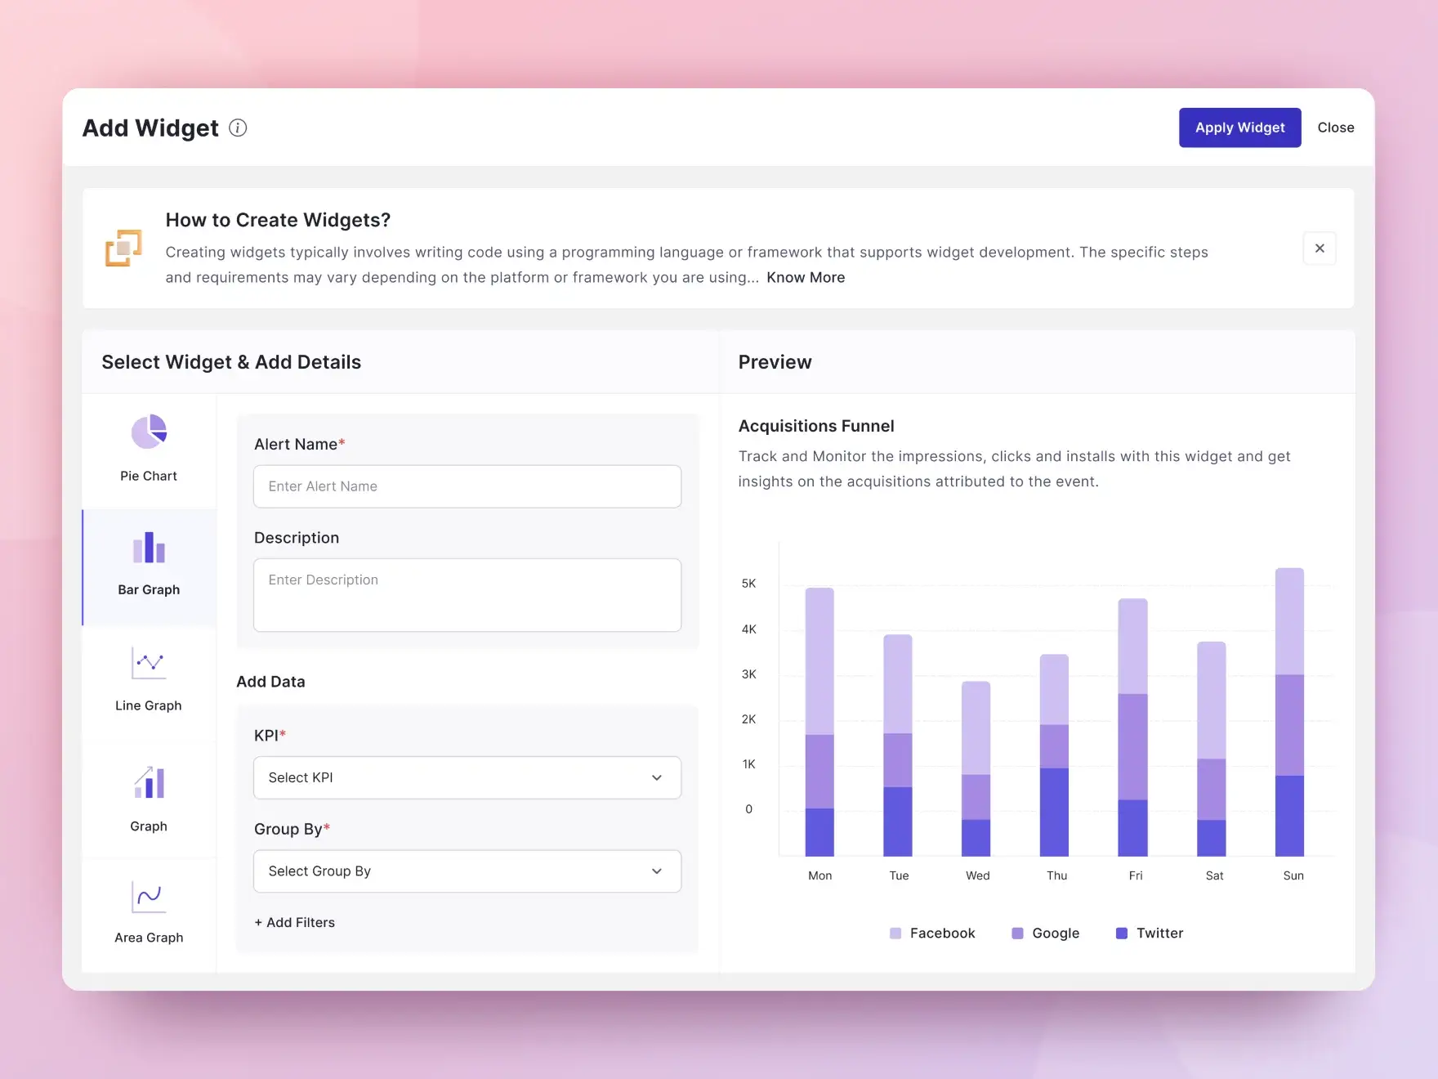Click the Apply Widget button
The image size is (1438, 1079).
coord(1239,128)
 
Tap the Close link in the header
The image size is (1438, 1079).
coord(1335,128)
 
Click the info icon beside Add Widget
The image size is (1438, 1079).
coord(238,128)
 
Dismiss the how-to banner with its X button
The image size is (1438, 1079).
coord(1320,248)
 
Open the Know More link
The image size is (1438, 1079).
coord(806,278)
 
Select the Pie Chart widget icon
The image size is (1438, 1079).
coord(149,432)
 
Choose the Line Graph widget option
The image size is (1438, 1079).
coord(149,664)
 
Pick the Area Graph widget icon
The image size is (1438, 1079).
coord(149,898)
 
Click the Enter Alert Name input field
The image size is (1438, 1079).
coord(467,486)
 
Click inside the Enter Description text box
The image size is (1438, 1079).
coord(467,595)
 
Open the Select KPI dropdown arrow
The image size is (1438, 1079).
coord(657,777)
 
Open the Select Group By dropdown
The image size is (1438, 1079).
coord(467,871)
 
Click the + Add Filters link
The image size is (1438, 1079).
coord(295,922)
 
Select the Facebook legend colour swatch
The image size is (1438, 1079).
coord(895,933)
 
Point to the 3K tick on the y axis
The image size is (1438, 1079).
coord(748,674)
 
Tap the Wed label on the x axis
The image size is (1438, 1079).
coord(977,875)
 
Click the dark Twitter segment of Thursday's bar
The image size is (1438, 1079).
coord(1054,811)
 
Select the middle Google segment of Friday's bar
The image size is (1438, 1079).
coord(1132,746)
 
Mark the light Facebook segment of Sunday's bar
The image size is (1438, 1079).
coord(1289,621)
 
